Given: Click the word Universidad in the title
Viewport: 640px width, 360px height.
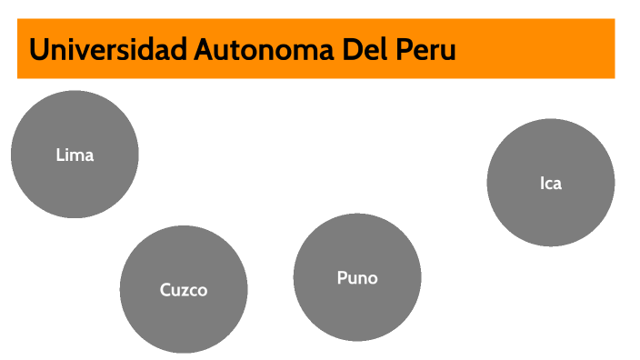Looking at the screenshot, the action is [x=108, y=49].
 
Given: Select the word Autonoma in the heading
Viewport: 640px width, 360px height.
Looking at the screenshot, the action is [x=264, y=49].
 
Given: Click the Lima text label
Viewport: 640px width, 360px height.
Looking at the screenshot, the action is [x=75, y=155].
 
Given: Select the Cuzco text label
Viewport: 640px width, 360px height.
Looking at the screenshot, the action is [x=184, y=290].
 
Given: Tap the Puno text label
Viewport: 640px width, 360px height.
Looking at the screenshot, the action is [x=357, y=278].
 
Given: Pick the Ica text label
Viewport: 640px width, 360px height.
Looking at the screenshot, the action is [x=551, y=184].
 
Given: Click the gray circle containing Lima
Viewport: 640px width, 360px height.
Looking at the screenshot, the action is [x=75, y=155].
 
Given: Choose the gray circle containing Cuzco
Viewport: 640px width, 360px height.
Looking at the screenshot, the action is [x=184, y=289].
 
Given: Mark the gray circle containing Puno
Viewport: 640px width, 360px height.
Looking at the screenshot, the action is [x=357, y=277].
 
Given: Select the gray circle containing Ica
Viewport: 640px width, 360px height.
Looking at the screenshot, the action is [x=551, y=183].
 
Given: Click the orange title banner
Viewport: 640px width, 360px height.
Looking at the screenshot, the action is [x=316, y=48].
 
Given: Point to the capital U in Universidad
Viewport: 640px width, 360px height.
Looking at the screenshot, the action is [x=38, y=49].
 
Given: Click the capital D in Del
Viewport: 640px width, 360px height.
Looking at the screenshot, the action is [x=352, y=49].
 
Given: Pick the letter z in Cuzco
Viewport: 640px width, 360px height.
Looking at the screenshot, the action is [x=184, y=292].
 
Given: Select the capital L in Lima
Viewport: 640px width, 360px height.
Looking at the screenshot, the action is [x=60, y=155].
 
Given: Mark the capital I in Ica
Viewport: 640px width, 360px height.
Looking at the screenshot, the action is [x=542, y=184].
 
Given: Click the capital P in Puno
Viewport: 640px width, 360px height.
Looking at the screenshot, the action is [x=342, y=278].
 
